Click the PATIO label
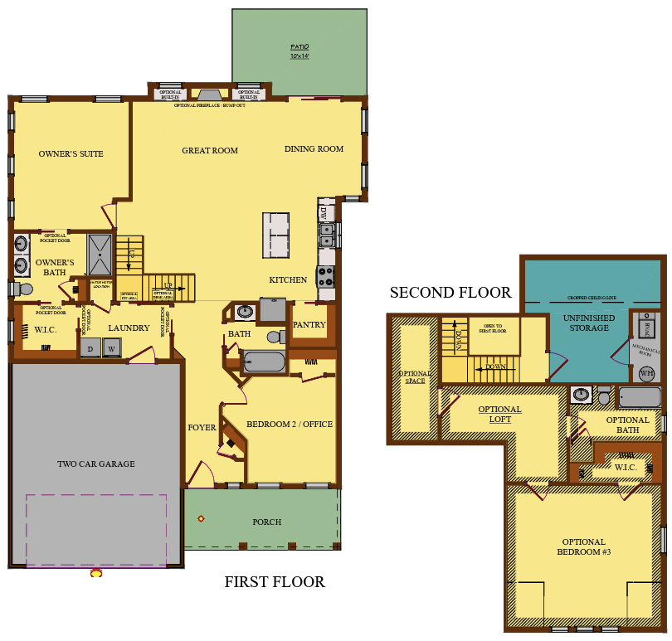click(299, 51)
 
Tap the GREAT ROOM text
click(210, 151)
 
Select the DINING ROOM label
click(314, 149)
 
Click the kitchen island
click(276, 235)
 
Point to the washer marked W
click(111, 349)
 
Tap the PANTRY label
click(309, 324)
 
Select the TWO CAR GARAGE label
click(95, 464)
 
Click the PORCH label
click(266, 522)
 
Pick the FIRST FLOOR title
click(275, 582)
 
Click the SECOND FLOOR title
click(450, 293)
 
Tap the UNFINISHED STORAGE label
click(589, 323)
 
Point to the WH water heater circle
click(646, 373)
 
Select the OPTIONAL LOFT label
click(499, 414)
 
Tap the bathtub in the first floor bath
click(263, 362)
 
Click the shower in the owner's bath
click(100, 254)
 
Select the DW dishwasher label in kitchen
click(324, 211)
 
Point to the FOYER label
click(202, 428)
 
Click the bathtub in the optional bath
click(640, 397)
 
